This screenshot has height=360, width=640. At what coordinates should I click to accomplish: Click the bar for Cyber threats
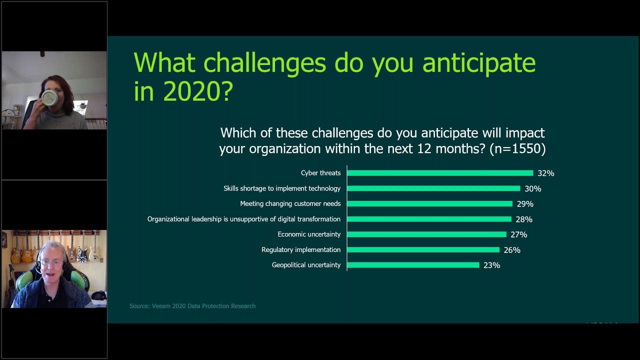(x=440, y=173)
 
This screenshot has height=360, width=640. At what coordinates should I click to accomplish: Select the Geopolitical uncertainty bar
(x=413, y=265)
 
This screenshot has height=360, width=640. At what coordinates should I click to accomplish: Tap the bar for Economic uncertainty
(x=426, y=234)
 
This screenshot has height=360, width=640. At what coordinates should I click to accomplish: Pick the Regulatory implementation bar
(x=423, y=249)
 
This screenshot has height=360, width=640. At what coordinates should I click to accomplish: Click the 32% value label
(x=545, y=173)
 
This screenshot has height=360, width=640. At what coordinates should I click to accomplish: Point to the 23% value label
(x=491, y=265)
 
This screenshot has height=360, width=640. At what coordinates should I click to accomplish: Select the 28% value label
(x=523, y=219)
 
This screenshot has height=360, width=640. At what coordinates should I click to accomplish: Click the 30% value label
(x=532, y=189)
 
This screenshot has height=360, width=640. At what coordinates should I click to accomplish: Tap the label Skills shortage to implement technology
(x=282, y=188)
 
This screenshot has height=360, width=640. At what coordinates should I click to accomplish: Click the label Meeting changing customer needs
(x=290, y=203)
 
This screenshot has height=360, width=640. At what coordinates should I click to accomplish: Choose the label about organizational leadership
(x=243, y=219)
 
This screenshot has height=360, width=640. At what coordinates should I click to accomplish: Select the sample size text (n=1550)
(x=517, y=148)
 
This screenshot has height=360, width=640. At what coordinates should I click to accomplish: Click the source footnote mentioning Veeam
(x=192, y=306)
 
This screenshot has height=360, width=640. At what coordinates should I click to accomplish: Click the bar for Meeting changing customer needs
(x=429, y=204)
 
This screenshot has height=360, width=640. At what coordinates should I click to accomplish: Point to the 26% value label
(x=511, y=250)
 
